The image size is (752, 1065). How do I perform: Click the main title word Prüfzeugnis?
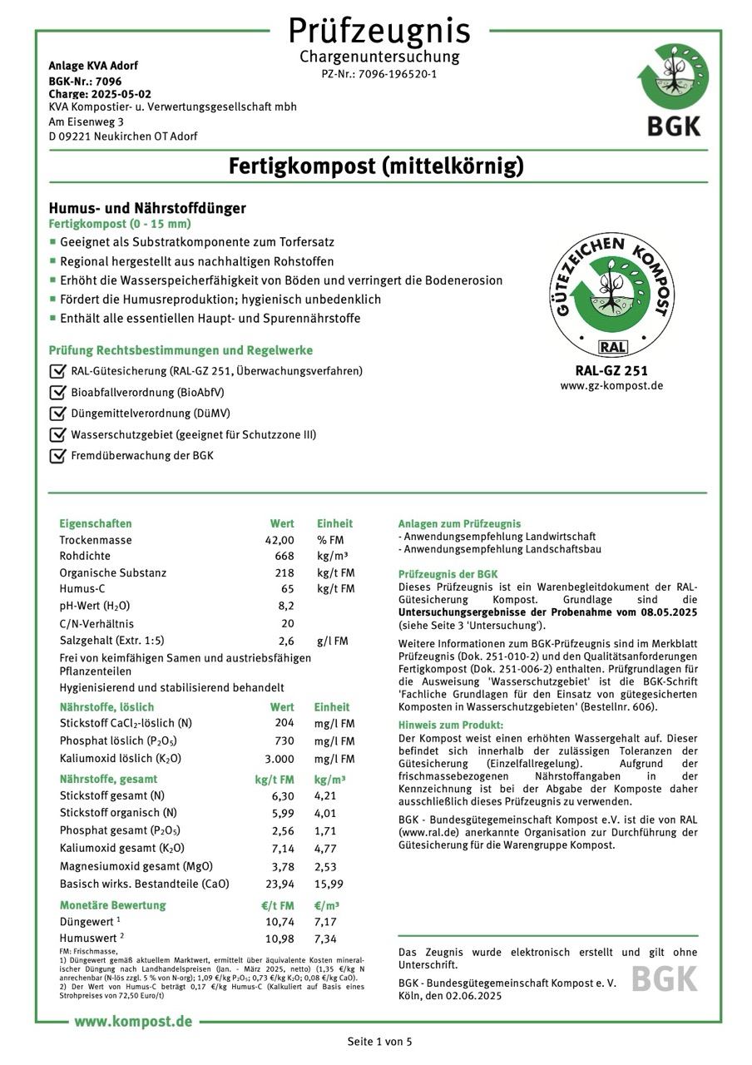click(378, 31)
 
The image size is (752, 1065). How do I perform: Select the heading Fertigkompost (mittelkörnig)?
click(377, 166)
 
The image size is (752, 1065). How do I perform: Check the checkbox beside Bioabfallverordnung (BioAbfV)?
click(57, 392)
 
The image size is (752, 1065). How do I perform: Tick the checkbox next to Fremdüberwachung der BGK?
click(57, 455)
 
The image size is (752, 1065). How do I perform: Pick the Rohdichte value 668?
click(284, 556)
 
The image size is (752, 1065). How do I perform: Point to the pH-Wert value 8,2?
click(286, 606)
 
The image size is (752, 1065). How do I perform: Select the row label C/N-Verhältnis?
click(96, 623)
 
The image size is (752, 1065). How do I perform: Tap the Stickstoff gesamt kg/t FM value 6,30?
click(283, 795)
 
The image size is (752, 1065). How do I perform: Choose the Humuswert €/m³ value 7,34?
click(325, 939)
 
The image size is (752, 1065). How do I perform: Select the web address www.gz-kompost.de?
click(611, 386)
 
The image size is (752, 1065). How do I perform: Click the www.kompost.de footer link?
click(133, 1021)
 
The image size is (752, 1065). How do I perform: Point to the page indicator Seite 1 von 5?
click(379, 1042)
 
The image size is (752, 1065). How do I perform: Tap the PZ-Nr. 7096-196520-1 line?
click(378, 74)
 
